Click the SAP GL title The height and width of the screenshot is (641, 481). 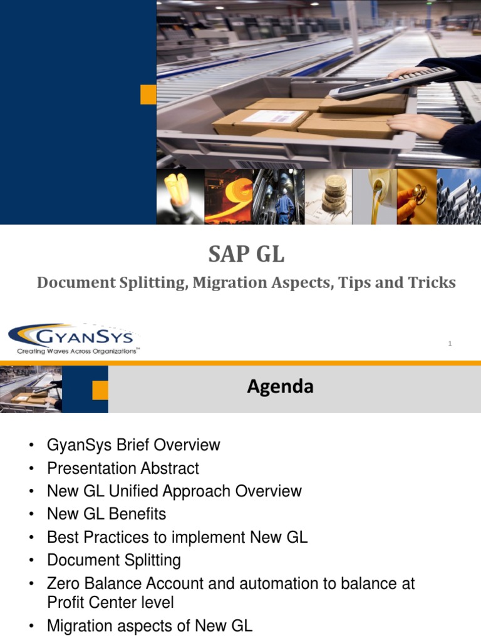[x=246, y=255]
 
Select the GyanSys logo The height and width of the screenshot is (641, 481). [x=74, y=338]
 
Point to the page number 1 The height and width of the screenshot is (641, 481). [x=450, y=343]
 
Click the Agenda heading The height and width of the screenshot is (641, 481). [x=280, y=387]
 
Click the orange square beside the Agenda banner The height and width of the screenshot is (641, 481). [x=100, y=390]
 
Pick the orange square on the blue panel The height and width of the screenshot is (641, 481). [x=148, y=95]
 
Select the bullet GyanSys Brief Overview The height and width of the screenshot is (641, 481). [x=133, y=445]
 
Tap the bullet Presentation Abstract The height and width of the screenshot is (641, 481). [x=123, y=468]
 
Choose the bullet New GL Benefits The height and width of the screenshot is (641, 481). [x=106, y=514]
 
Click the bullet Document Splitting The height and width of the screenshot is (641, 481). [x=114, y=560]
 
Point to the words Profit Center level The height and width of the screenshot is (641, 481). [x=110, y=602]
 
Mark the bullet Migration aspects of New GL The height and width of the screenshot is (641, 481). [x=150, y=625]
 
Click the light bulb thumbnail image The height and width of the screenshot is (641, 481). [x=180, y=197]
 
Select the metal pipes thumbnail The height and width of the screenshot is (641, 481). [x=458, y=197]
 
